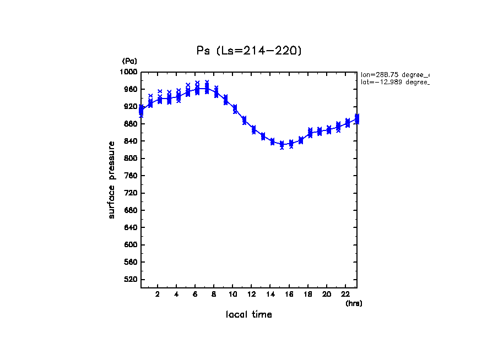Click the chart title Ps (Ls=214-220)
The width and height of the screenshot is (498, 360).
[x=249, y=51]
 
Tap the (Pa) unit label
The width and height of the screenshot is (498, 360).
[x=129, y=61]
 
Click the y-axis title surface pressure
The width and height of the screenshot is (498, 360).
[x=112, y=179]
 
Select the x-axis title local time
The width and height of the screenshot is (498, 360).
[x=249, y=314]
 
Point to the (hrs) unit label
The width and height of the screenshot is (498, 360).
[x=354, y=303]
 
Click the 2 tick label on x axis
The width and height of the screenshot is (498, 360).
[x=158, y=294]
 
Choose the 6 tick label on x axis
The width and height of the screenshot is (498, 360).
[x=195, y=294]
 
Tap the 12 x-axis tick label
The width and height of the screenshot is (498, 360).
[x=251, y=294]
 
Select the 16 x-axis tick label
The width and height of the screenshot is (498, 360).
[x=289, y=294]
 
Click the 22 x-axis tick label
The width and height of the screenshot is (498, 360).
[x=345, y=294]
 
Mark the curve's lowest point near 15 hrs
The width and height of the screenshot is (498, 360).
[x=282, y=144]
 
